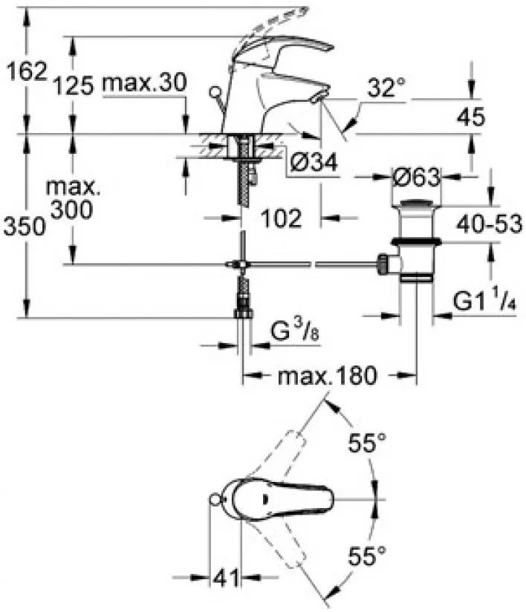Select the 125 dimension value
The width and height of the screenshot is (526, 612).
[x=74, y=85]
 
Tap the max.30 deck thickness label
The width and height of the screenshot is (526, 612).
[x=144, y=82]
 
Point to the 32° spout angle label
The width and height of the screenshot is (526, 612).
[x=386, y=87]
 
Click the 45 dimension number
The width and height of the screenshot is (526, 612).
[x=471, y=117]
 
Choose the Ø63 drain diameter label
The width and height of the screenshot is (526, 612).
[x=416, y=178]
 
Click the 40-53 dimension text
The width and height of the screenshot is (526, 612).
[x=490, y=224]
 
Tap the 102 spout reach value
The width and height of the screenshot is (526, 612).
[x=281, y=218]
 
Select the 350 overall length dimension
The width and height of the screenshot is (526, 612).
[x=25, y=227]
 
